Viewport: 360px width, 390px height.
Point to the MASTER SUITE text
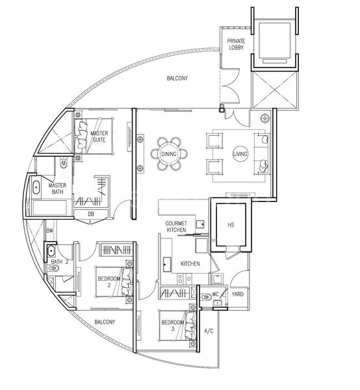99,136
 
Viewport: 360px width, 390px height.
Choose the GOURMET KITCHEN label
176,226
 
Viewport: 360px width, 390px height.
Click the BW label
49,231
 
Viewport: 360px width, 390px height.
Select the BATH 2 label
60,253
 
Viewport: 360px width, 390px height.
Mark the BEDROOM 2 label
109,281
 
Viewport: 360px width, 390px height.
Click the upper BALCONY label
177,79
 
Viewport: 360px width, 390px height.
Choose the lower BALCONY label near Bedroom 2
104,322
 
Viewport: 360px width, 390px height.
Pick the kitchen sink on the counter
168,264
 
